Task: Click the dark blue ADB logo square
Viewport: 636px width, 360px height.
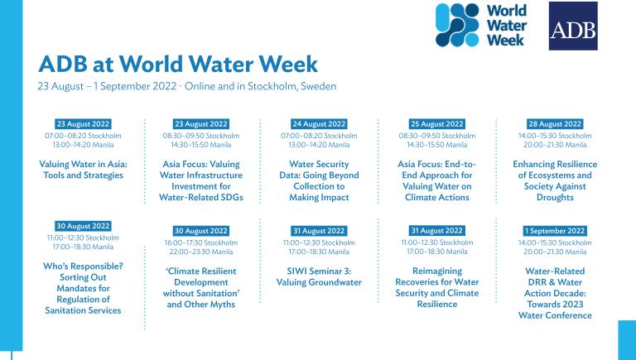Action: tap(573, 26)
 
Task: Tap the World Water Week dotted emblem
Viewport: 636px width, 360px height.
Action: tap(457, 25)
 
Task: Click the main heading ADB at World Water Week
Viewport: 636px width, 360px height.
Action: tap(178, 64)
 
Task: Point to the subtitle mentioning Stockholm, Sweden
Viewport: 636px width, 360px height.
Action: tap(187, 86)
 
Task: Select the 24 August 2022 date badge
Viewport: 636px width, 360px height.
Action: tap(319, 124)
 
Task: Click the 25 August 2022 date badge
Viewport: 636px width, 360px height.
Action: tap(437, 124)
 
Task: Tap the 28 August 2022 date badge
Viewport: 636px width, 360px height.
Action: tap(555, 124)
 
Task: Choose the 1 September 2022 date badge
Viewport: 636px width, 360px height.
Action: tap(555, 231)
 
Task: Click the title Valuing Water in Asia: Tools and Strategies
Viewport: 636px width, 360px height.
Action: tap(83, 170)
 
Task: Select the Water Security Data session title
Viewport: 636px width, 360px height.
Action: tap(319, 180)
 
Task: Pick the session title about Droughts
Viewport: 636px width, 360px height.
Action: tap(555, 180)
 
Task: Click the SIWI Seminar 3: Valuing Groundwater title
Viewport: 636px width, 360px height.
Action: tap(319, 277)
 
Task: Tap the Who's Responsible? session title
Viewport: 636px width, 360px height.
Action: tap(83, 288)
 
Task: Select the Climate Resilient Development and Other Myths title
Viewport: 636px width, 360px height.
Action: tap(201, 288)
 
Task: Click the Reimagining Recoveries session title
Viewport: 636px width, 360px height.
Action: tap(437, 287)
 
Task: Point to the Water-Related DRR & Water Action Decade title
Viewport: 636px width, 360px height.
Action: tap(555, 293)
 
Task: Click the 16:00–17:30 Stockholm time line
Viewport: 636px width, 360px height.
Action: tap(201, 242)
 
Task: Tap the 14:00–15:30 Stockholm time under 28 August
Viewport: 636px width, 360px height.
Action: tap(555, 136)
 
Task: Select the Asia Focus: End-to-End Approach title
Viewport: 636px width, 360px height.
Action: tap(437, 180)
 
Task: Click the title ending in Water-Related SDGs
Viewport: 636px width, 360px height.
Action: tap(201, 180)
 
